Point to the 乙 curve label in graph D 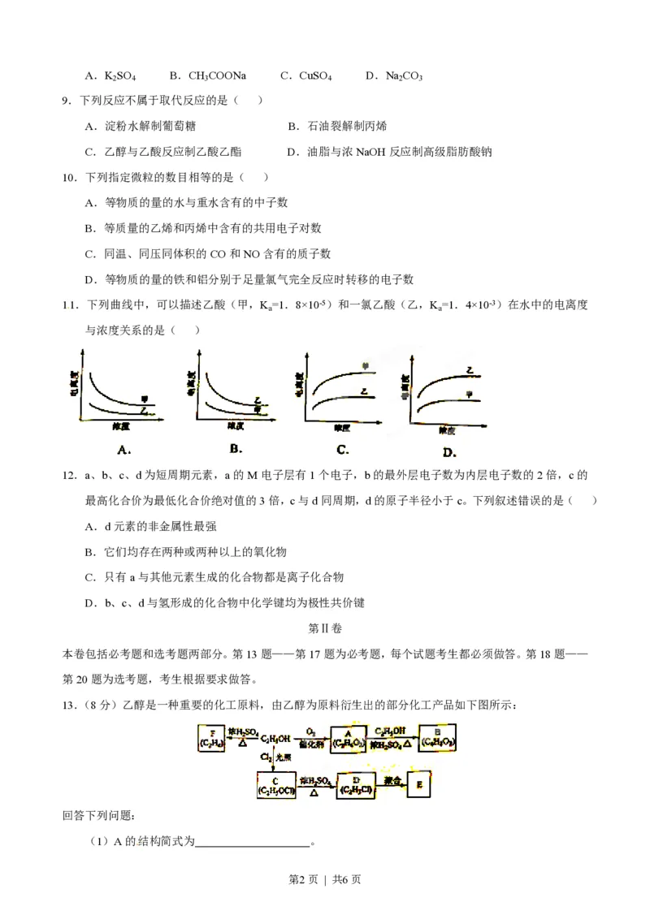[470, 370]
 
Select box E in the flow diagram [418, 784]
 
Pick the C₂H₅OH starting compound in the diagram [275, 736]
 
